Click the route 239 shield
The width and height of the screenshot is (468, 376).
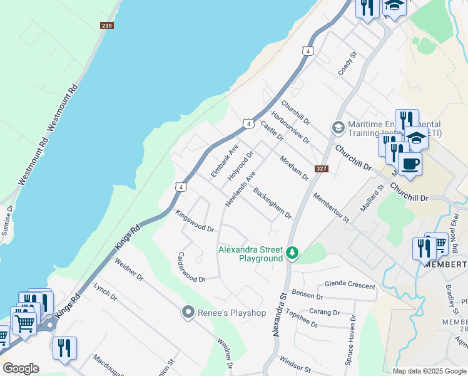(x=106, y=25)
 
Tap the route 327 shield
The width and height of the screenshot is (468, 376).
(x=322, y=169)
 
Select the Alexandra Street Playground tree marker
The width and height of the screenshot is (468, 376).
(x=292, y=253)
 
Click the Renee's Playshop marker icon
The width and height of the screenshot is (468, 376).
(x=186, y=312)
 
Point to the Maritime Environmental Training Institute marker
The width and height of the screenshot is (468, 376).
(x=338, y=128)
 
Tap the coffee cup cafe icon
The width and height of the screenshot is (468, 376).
(x=410, y=164)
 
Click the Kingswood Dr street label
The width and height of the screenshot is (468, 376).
(x=195, y=221)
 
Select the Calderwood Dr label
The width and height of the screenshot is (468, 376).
(x=191, y=267)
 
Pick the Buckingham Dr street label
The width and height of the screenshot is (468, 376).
(x=273, y=203)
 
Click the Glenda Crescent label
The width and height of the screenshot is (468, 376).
(x=349, y=285)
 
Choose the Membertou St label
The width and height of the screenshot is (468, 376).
(x=331, y=207)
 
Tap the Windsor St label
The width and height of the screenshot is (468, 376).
(x=295, y=365)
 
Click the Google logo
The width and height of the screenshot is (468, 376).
(x=21, y=368)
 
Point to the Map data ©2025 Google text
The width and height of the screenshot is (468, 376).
(x=430, y=371)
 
